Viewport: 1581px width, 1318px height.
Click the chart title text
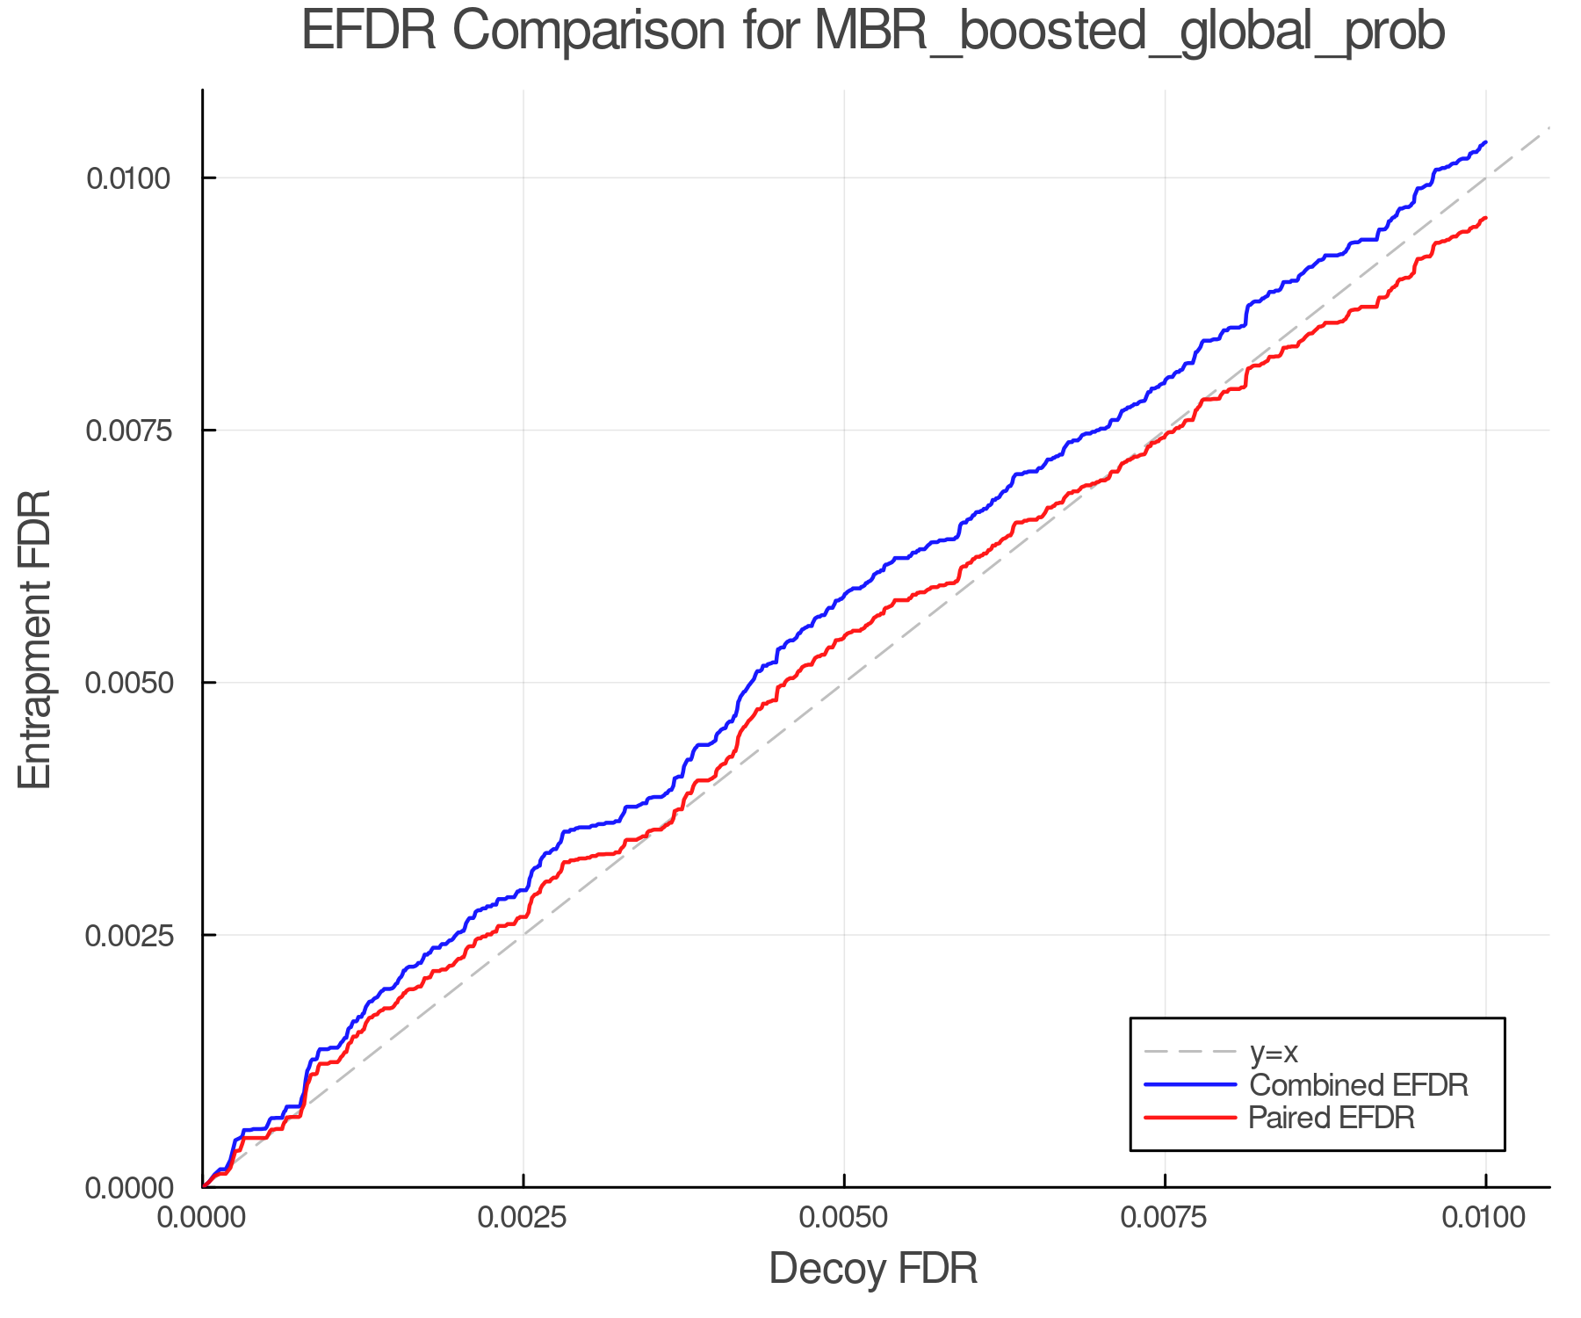[872, 32]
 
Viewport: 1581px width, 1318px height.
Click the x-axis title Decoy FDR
[873, 1269]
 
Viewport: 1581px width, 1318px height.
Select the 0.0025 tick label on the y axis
[129, 935]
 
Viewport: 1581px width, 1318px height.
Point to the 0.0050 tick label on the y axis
[129, 683]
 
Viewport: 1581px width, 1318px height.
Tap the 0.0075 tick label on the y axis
[129, 431]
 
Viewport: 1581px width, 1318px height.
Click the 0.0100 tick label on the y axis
[129, 178]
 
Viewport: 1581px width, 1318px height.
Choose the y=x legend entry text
[1274, 1052]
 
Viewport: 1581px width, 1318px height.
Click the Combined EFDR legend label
[1359, 1085]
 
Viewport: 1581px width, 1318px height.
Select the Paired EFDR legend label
[1332, 1118]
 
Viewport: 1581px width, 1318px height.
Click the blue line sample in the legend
[1190, 1085]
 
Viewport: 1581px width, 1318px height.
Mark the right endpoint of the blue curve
[1485, 141]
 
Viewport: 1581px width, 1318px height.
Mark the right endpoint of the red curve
[1485, 218]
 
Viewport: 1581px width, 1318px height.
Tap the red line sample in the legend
[1190, 1118]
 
